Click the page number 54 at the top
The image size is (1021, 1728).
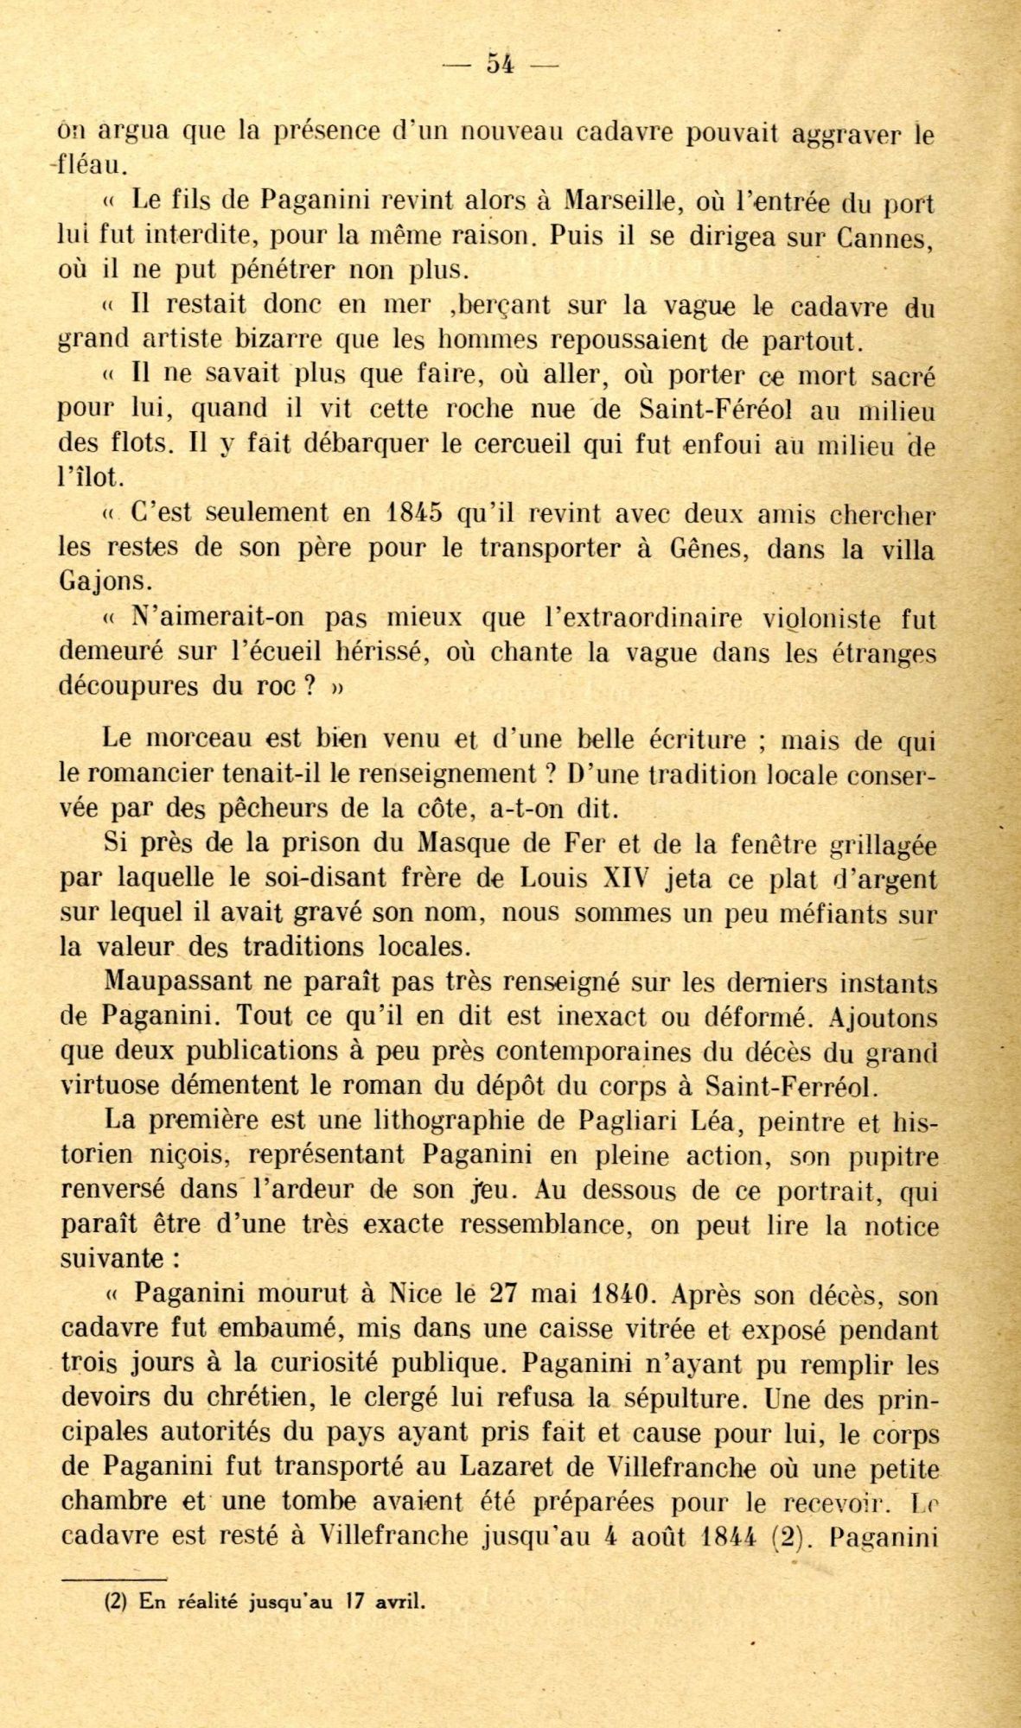click(x=501, y=63)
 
